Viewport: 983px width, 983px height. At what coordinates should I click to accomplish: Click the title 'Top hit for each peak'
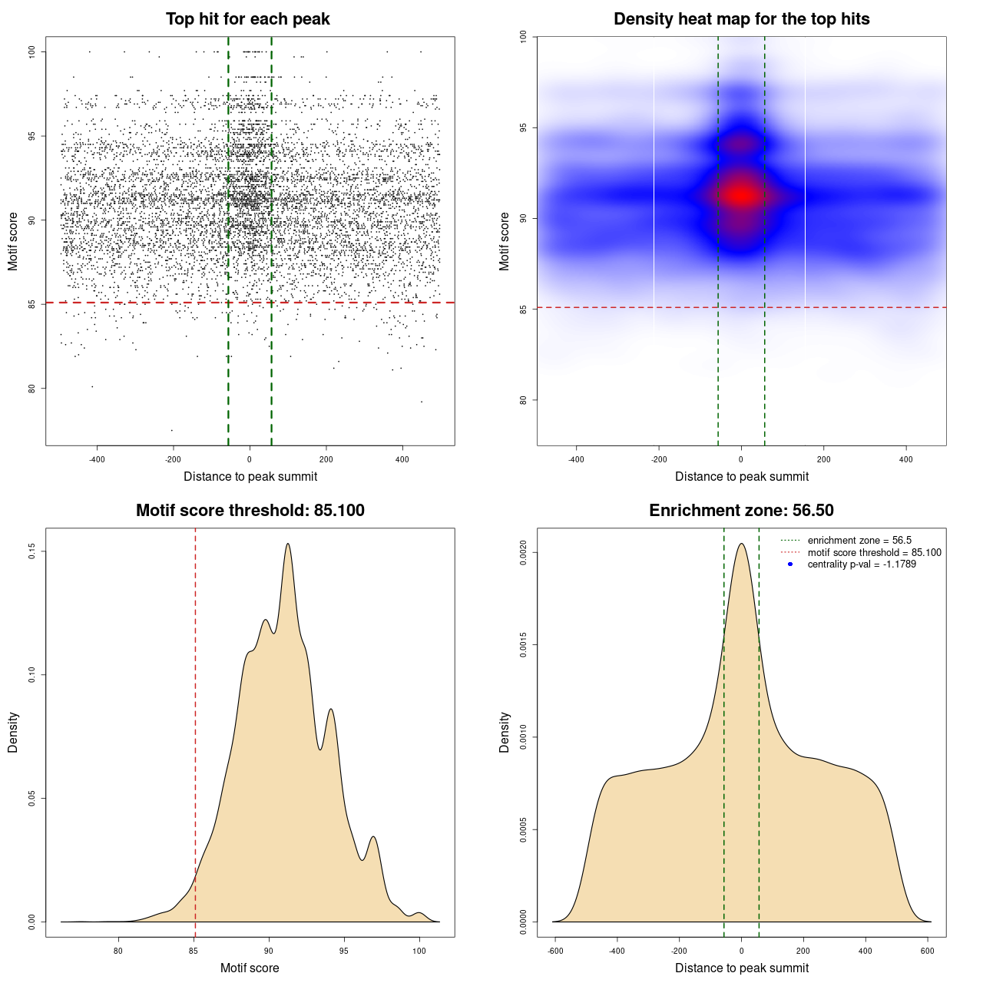[247, 19]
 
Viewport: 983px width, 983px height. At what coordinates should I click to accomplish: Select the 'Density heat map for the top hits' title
[741, 19]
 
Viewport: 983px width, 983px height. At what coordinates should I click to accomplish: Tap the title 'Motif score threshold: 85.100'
[250, 511]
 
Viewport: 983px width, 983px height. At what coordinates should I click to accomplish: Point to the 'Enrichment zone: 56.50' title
[741, 511]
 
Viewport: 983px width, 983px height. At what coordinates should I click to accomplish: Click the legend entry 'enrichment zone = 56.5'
[859, 541]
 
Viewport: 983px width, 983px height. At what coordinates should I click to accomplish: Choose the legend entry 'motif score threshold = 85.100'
[874, 553]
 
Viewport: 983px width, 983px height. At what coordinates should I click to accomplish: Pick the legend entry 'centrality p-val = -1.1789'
[862, 564]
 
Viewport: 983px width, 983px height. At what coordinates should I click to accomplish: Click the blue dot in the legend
[790, 564]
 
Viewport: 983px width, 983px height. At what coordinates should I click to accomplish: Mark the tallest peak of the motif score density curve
[288, 544]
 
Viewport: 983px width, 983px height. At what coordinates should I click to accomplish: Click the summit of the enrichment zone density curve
[741, 544]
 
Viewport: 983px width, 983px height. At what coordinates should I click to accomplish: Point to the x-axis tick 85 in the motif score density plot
[194, 952]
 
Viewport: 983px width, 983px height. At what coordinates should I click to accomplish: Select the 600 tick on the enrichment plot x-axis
[927, 952]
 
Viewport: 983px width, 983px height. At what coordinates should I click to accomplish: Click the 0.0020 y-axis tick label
[523, 552]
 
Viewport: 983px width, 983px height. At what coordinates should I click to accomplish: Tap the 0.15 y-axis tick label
[31, 551]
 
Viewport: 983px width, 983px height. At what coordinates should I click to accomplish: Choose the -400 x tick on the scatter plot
[97, 460]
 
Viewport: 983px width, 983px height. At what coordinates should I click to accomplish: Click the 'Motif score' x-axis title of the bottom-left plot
[250, 968]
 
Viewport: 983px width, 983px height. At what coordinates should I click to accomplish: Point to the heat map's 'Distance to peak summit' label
[741, 476]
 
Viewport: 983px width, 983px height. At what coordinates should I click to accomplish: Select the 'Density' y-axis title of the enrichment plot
[505, 732]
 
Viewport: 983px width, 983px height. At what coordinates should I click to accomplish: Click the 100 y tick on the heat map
[523, 36]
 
